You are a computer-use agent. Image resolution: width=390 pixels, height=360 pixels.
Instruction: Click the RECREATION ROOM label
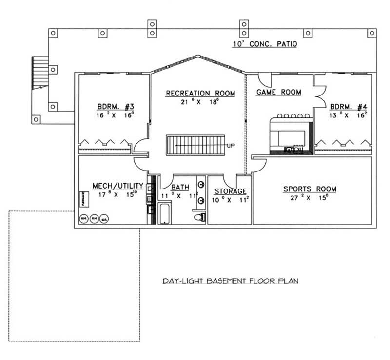[x=200, y=93]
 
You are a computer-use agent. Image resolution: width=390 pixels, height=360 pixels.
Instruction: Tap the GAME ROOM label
[x=278, y=92]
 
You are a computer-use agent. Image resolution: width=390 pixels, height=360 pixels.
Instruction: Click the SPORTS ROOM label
[x=310, y=189]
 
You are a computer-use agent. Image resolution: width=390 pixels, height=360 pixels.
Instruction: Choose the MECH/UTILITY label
[x=118, y=186]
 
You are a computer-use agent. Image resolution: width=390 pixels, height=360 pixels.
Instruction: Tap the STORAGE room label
[x=230, y=191]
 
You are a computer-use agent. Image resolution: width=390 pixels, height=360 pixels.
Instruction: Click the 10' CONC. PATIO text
[x=265, y=44]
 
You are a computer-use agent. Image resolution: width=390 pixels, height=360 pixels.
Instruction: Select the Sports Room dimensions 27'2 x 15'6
[x=310, y=198]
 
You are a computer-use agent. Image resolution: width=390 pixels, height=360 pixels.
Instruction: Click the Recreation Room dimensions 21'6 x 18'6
[x=200, y=102]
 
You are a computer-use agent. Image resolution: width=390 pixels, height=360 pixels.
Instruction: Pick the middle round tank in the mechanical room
[x=94, y=219]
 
